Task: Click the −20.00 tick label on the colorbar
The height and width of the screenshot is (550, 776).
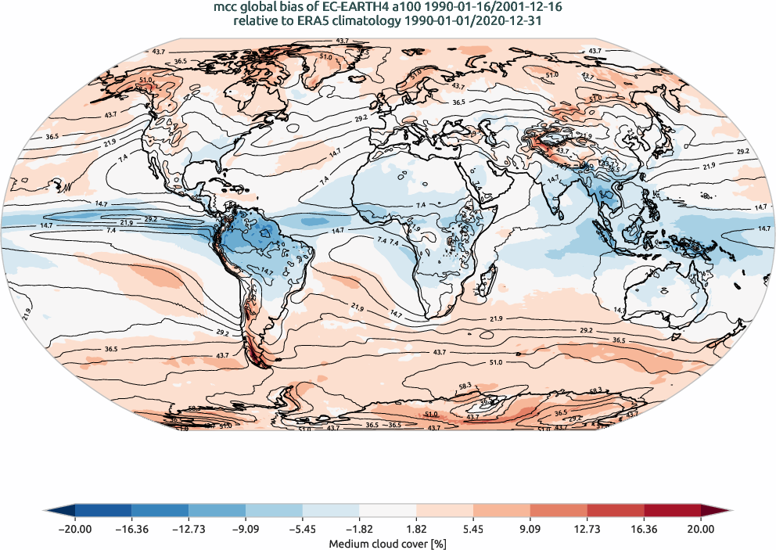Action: (75, 529)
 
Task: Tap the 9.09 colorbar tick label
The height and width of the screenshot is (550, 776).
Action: (530, 529)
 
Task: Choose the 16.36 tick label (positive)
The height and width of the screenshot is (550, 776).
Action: (644, 529)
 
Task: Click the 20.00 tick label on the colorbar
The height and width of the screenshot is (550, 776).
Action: (701, 529)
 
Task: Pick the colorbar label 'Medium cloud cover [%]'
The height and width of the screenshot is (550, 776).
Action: (388, 543)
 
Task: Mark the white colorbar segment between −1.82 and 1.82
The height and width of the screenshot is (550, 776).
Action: (388, 512)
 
